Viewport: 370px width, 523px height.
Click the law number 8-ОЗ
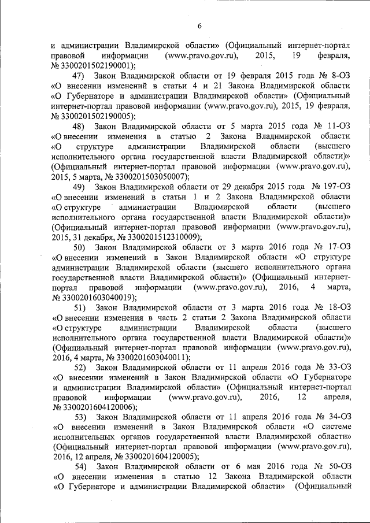point(337,76)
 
